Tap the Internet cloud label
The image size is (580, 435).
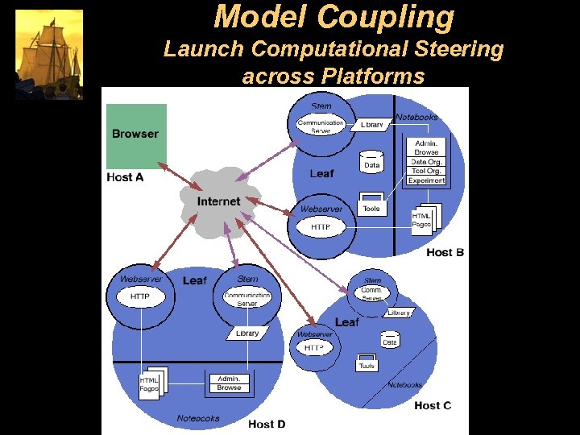click(219, 201)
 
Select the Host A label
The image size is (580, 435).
click(125, 177)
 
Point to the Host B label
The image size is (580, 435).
click(445, 252)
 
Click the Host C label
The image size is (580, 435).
click(433, 405)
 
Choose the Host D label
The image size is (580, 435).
click(267, 424)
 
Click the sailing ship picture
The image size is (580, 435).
click(49, 54)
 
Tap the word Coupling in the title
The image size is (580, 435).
click(385, 16)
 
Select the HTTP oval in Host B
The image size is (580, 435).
click(321, 227)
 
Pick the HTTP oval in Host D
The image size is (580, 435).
click(140, 296)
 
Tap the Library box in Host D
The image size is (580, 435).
click(247, 333)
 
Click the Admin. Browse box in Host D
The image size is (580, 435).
click(229, 383)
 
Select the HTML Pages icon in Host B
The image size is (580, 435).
click(423, 220)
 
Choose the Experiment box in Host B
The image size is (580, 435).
click(426, 180)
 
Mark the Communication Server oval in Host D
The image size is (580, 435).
click(247, 299)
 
